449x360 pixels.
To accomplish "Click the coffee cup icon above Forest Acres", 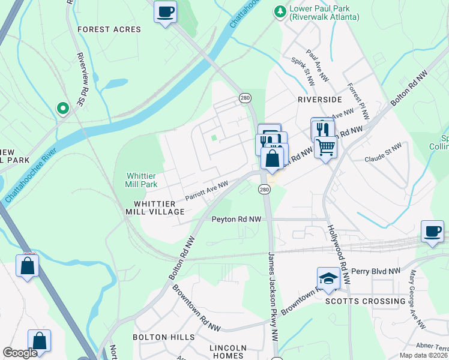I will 165,11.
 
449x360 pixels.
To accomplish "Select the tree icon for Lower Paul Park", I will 279,12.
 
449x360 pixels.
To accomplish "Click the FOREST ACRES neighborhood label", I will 109,29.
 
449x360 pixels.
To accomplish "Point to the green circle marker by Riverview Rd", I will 62,108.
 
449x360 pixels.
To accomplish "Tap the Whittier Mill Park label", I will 142,180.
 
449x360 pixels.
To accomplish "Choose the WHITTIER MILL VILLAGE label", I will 155,208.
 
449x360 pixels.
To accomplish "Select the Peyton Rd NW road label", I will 237,220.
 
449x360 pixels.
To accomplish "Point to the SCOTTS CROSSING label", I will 366,301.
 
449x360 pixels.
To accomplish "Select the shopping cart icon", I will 325,146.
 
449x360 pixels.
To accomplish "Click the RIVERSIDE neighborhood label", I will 319,99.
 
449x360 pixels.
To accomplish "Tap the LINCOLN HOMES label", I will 228,352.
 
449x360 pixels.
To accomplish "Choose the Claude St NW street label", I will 383,153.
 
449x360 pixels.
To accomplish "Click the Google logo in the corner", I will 20,353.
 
